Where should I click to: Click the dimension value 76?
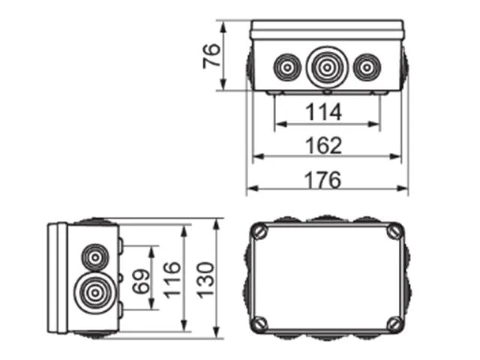tap(211, 56)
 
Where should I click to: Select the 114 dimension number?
tap(323, 112)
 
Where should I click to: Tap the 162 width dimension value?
tap(324, 145)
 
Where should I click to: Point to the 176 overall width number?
tap(323, 180)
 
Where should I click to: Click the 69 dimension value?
tap(142, 281)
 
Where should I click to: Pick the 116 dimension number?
tap(172, 280)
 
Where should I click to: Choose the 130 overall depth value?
tap(205, 280)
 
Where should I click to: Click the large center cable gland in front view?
tap(327, 67)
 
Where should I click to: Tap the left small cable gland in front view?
tap(287, 67)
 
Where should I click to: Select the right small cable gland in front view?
tap(367, 67)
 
